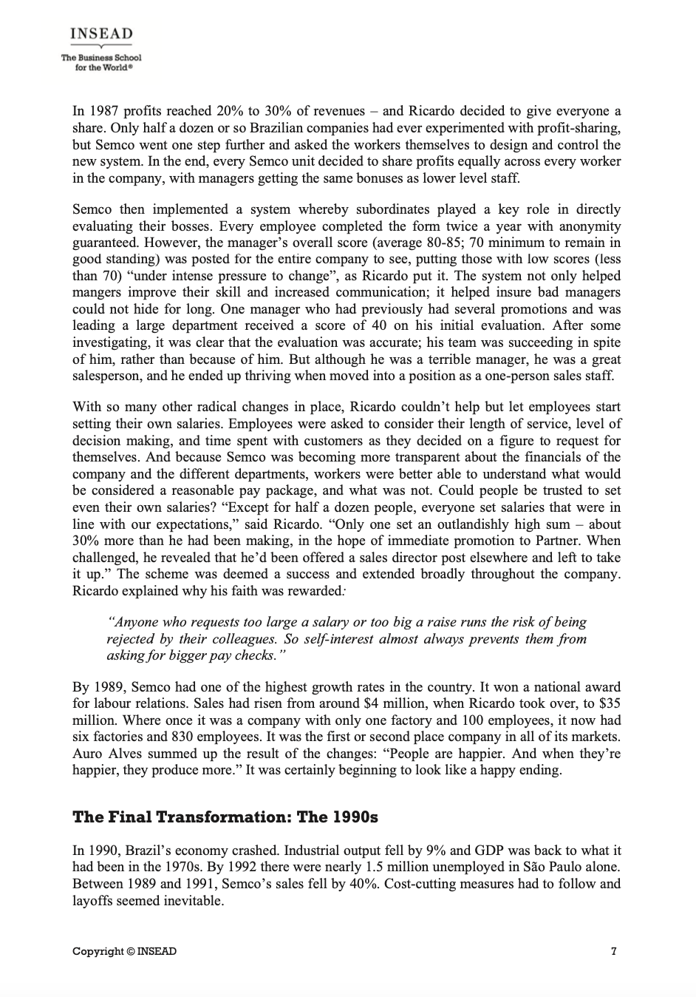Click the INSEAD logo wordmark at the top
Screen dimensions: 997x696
101,35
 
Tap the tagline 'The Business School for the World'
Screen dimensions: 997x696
101,61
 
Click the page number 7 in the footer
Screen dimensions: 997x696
614,951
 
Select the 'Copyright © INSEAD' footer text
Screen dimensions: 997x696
124,951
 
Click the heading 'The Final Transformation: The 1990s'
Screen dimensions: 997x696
225,817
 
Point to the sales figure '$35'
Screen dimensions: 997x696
610,703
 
